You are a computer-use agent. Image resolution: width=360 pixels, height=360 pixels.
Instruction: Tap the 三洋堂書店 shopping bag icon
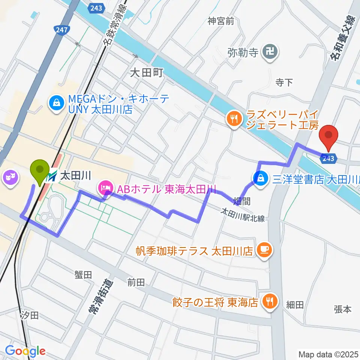(260, 178)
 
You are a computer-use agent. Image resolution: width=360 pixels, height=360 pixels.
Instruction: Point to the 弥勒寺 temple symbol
(271, 52)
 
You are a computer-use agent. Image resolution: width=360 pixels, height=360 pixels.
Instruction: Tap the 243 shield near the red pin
(328, 158)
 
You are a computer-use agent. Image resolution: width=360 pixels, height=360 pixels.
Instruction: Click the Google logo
(25, 351)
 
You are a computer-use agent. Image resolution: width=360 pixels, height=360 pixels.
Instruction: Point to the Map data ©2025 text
(328, 354)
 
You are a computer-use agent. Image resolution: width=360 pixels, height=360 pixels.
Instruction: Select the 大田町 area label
(146, 72)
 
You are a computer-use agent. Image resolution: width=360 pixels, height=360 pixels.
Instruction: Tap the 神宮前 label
(221, 21)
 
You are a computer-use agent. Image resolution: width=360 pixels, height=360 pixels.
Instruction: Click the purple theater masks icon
(10, 177)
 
